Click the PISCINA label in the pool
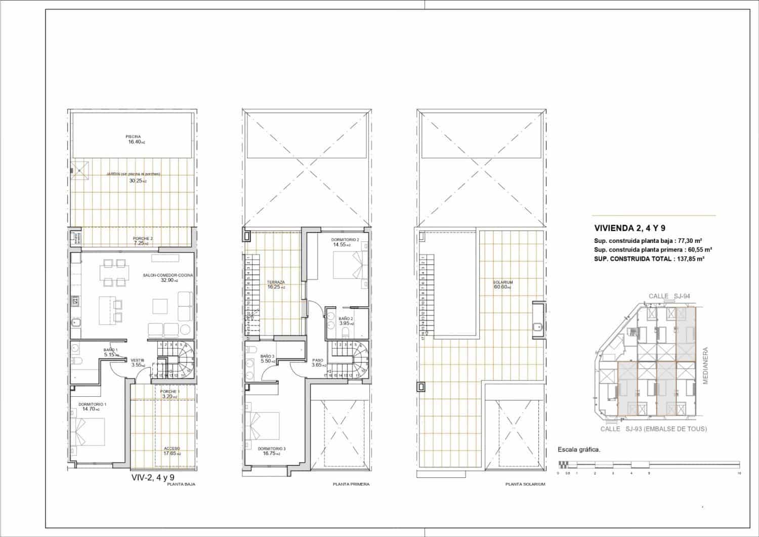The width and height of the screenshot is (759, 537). (133, 136)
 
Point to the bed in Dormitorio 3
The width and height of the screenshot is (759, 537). (265, 428)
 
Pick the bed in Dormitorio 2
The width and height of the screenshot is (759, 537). (350, 265)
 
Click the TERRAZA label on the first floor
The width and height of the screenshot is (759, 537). (276, 282)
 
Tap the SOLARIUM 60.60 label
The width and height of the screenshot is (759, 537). (503, 284)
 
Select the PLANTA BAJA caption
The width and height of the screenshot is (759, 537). (181, 484)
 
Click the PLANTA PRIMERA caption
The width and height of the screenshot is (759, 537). (351, 484)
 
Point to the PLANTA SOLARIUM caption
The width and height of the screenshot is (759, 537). (525, 484)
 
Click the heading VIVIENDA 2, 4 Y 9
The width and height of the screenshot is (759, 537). (629, 228)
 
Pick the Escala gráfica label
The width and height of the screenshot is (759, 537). (578, 449)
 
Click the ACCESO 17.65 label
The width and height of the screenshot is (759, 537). (172, 451)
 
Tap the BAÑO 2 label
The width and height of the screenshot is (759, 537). (346, 319)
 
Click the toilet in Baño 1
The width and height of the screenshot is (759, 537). (77, 360)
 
